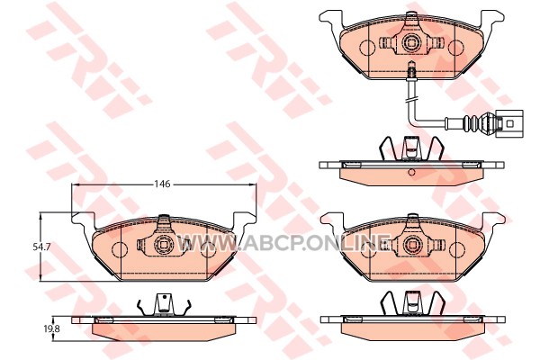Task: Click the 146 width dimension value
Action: [x=162, y=184]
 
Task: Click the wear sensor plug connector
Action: [x=510, y=123]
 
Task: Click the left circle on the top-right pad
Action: [x=367, y=47]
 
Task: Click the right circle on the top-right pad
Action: [x=456, y=47]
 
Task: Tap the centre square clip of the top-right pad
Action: [x=411, y=42]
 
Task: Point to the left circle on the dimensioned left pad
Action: [x=120, y=249]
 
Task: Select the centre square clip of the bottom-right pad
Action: [x=412, y=245]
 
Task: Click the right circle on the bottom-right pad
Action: [x=456, y=249]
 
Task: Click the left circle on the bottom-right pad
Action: [x=368, y=249]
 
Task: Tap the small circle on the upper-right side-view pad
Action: [x=411, y=172]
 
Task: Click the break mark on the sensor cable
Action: [x=411, y=100]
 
